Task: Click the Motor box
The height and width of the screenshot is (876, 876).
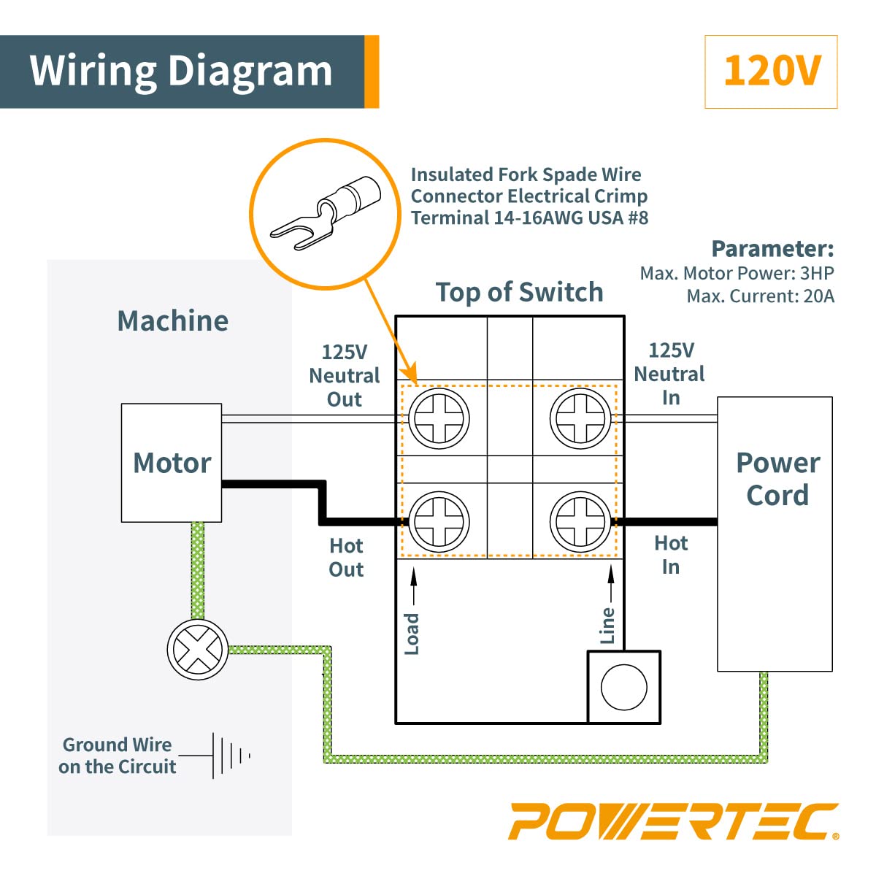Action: point(172,463)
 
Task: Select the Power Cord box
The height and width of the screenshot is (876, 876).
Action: point(775,533)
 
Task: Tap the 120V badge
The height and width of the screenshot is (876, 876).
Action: point(771,72)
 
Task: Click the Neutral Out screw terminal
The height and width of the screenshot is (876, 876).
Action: point(439,419)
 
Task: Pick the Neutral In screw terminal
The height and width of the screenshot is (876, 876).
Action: point(580,419)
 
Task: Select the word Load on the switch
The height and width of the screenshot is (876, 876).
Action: point(412,634)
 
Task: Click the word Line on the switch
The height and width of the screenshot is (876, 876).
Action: point(607,626)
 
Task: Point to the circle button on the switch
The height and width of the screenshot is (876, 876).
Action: point(624,687)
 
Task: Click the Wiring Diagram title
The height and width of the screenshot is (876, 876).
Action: point(181,72)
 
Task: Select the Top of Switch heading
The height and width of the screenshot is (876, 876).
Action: point(519,292)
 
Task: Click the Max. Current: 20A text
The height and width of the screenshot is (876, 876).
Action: point(760,296)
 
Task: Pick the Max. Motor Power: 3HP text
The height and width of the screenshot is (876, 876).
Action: point(737,273)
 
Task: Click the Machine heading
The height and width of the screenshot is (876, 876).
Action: point(173,321)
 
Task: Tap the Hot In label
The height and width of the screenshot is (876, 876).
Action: point(671,555)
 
